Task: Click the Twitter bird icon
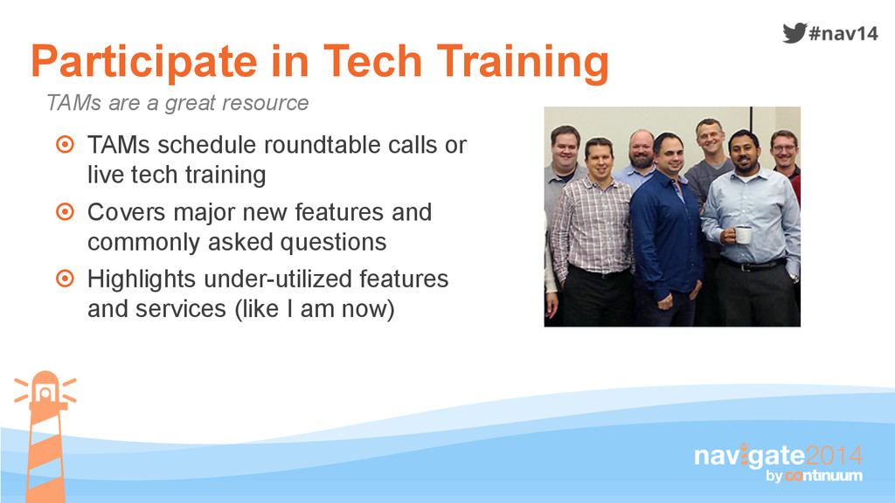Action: click(794, 33)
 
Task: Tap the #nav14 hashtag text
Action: click(843, 34)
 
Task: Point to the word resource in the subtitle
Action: click(265, 103)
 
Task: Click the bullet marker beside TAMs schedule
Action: click(65, 144)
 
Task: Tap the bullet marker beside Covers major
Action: click(65, 211)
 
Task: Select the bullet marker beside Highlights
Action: click(65, 279)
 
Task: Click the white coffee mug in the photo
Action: click(742, 234)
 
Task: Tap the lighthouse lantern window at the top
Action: click(45, 393)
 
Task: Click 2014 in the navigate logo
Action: click(834, 456)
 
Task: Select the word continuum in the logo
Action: click(823, 476)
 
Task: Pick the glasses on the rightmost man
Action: click(783, 148)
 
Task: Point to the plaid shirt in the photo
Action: click(592, 228)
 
